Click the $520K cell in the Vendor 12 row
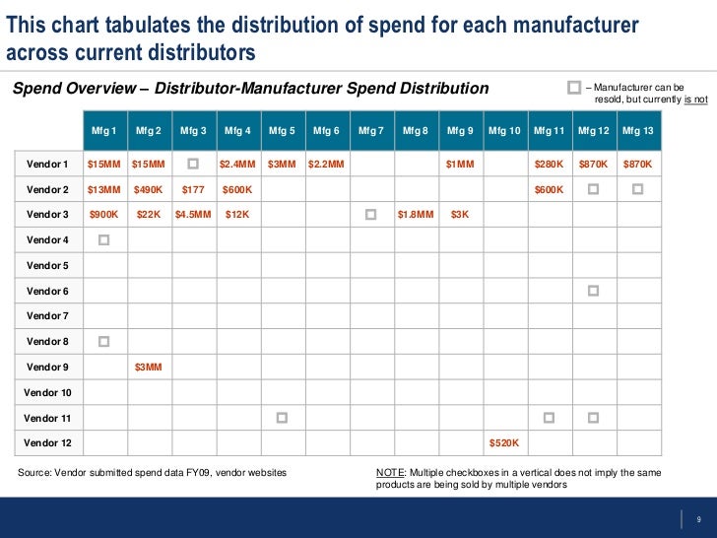(504, 443)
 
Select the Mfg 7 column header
(370, 130)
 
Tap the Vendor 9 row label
(47, 367)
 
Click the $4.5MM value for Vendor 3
(193, 215)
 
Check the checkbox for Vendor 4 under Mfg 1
(104, 239)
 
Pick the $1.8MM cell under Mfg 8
(416, 215)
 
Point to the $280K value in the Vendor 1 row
(549, 164)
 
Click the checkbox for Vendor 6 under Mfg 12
(593, 291)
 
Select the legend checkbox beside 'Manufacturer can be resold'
(574, 89)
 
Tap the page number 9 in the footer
(697, 520)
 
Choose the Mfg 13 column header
(637, 130)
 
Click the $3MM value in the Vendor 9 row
(149, 367)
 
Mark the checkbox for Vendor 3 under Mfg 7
(370, 214)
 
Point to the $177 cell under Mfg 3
(193, 189)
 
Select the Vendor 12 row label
(47, 443)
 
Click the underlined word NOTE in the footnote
(389, 473)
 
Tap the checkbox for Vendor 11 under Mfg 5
(282, 418)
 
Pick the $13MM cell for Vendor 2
(104, 189)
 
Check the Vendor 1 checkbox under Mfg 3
(193, 163)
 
